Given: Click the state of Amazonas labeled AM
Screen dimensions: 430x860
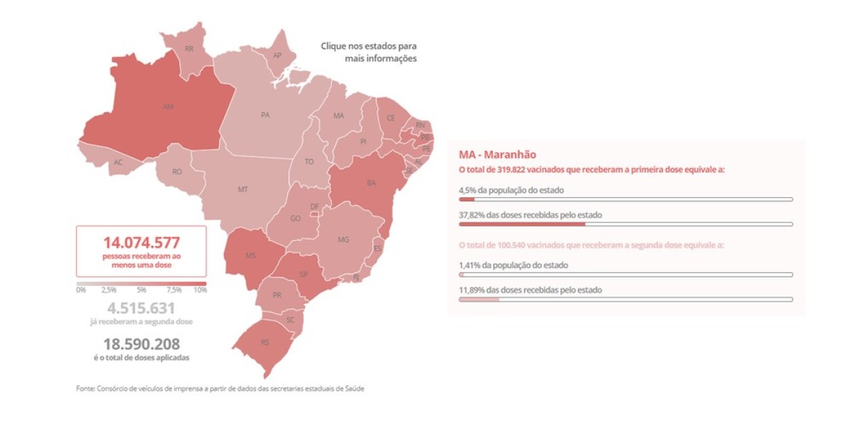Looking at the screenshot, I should pos(168,107).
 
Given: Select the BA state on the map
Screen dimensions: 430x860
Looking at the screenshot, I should pos(371,183).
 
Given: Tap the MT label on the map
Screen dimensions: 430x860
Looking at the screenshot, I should pos(243,190).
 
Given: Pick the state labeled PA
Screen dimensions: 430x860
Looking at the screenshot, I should pos(265,115).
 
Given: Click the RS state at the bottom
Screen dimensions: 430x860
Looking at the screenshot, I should pos(265,343).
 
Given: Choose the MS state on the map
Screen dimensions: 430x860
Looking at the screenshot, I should pos(251,255).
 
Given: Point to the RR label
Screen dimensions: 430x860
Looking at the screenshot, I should pos(189,49).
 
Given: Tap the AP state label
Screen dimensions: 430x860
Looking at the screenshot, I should pos(278,54).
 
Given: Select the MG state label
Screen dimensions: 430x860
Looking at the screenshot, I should pos(343,239).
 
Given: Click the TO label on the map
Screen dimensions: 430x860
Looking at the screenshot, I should pos(309,162).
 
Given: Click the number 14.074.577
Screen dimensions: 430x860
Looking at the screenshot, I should pos(141,242).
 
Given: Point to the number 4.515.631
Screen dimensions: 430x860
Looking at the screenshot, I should pos(141,308).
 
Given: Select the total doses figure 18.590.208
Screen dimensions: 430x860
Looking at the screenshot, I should pos(141,344).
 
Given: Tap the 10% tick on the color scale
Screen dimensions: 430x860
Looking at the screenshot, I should pos(200,291).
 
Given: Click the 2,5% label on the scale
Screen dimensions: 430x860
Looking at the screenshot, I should pos(109,291).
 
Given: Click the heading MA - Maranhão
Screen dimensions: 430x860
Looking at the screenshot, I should pos(497,154).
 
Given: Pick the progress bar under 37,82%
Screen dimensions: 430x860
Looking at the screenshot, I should pos(626,224).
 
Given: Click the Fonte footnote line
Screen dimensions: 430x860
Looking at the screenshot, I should pos(215,388).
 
